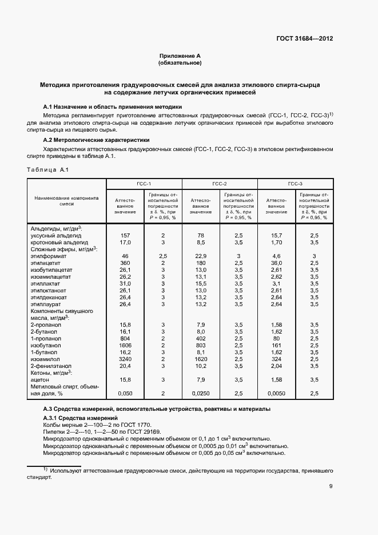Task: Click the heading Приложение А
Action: pyautogui.click(x=180, y=56)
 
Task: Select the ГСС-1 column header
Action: pyautogui.click(x=144, y=184)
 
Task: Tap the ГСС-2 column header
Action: pyautogui.click(x=220, y=184)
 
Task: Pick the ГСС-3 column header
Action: pyautogui.click(x=295, y=184)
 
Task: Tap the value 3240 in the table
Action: pyautogui.click(x=125, y=359)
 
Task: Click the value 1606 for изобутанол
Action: pyautogui.click(x=125, y=345)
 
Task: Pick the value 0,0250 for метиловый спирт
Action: pyautogui.click(x=201, y=394)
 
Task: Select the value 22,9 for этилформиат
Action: pyautogui.click(x=201, y=255)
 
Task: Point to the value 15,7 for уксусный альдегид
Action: pyautogui.click(x=276, y=235)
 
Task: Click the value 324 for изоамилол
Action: pyautogui.click(x=276, y=359)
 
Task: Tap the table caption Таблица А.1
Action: pyautogui.click(x=48, y=170)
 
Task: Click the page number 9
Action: pyautogui.click(x=331, y=486)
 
